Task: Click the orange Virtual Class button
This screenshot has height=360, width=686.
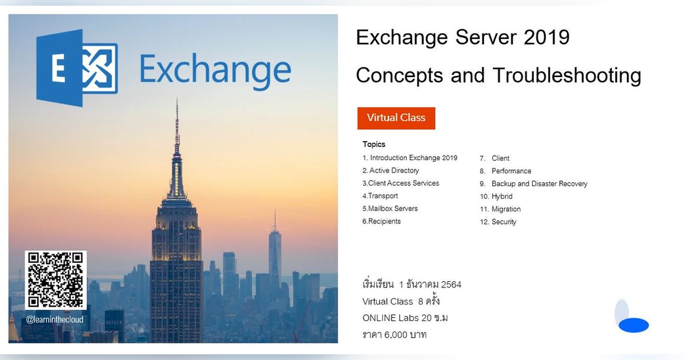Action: click(396, 118)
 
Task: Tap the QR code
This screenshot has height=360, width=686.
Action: click(55, 279)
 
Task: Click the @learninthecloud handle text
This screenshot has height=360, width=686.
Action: click(55, 319)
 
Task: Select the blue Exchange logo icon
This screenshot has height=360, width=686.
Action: click(77, 69)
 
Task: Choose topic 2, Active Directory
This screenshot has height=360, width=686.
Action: click(390, 171)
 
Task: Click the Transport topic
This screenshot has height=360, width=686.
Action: click(380, 196)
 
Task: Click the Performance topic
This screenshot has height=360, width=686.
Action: click(511, 171)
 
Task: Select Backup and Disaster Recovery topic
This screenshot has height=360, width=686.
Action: click(539, 184)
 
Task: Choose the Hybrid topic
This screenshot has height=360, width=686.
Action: click(501, 197)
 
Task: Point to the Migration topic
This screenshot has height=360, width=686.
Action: click(505, 209)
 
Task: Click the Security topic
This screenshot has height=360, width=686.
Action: click(503, 222)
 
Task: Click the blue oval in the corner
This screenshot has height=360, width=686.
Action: click(633, 325)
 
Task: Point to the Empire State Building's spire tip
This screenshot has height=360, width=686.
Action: click(177, 101)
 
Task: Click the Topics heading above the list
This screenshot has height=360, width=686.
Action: click(374, 145)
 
